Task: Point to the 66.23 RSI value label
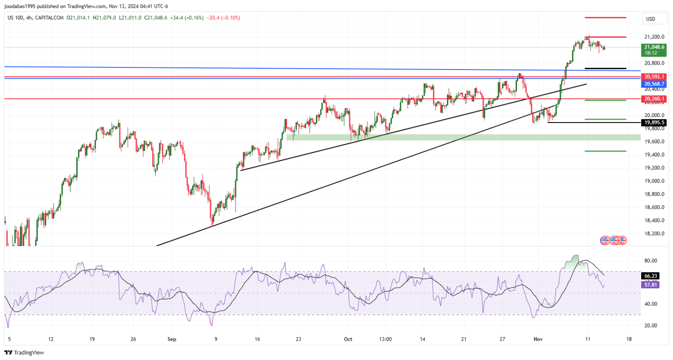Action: pyautogui.click(x=651, y=277)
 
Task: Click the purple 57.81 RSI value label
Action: pyautogui.click(x=651, y=285)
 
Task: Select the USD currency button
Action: pyautogui.click(x=650, y=19)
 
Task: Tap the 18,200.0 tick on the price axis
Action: pyautogui.click(x=654, y=234)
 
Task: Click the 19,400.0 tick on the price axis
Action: pyautogui.click(x=654, y=155)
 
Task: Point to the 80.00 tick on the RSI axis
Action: pyautogui.click(x=651, y=261)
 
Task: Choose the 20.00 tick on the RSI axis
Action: pyautogui.click(x=651, y=326)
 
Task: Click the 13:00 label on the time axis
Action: pyautogui.click(x=385, y=339)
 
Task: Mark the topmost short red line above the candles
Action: pyautogui.click(x=605, y=18)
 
